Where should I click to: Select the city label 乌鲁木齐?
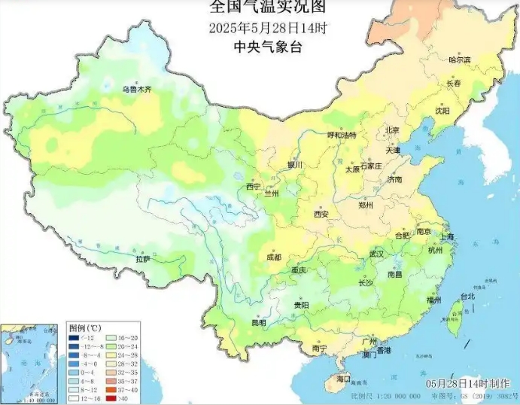[x=137, y=89]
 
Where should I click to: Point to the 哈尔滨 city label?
[x=459, y=59]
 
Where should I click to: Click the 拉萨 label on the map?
[x=143, y=259]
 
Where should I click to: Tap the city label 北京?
[x=392, y=130]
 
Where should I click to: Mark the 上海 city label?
[x=448, y=237]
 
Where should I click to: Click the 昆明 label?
[x=258, y=323]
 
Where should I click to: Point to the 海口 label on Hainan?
[x=344, y=379]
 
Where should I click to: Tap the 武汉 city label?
[x=376, y=254]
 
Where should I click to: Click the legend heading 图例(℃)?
[x=85, y=329]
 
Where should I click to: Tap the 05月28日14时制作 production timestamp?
[x=467, y=384]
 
